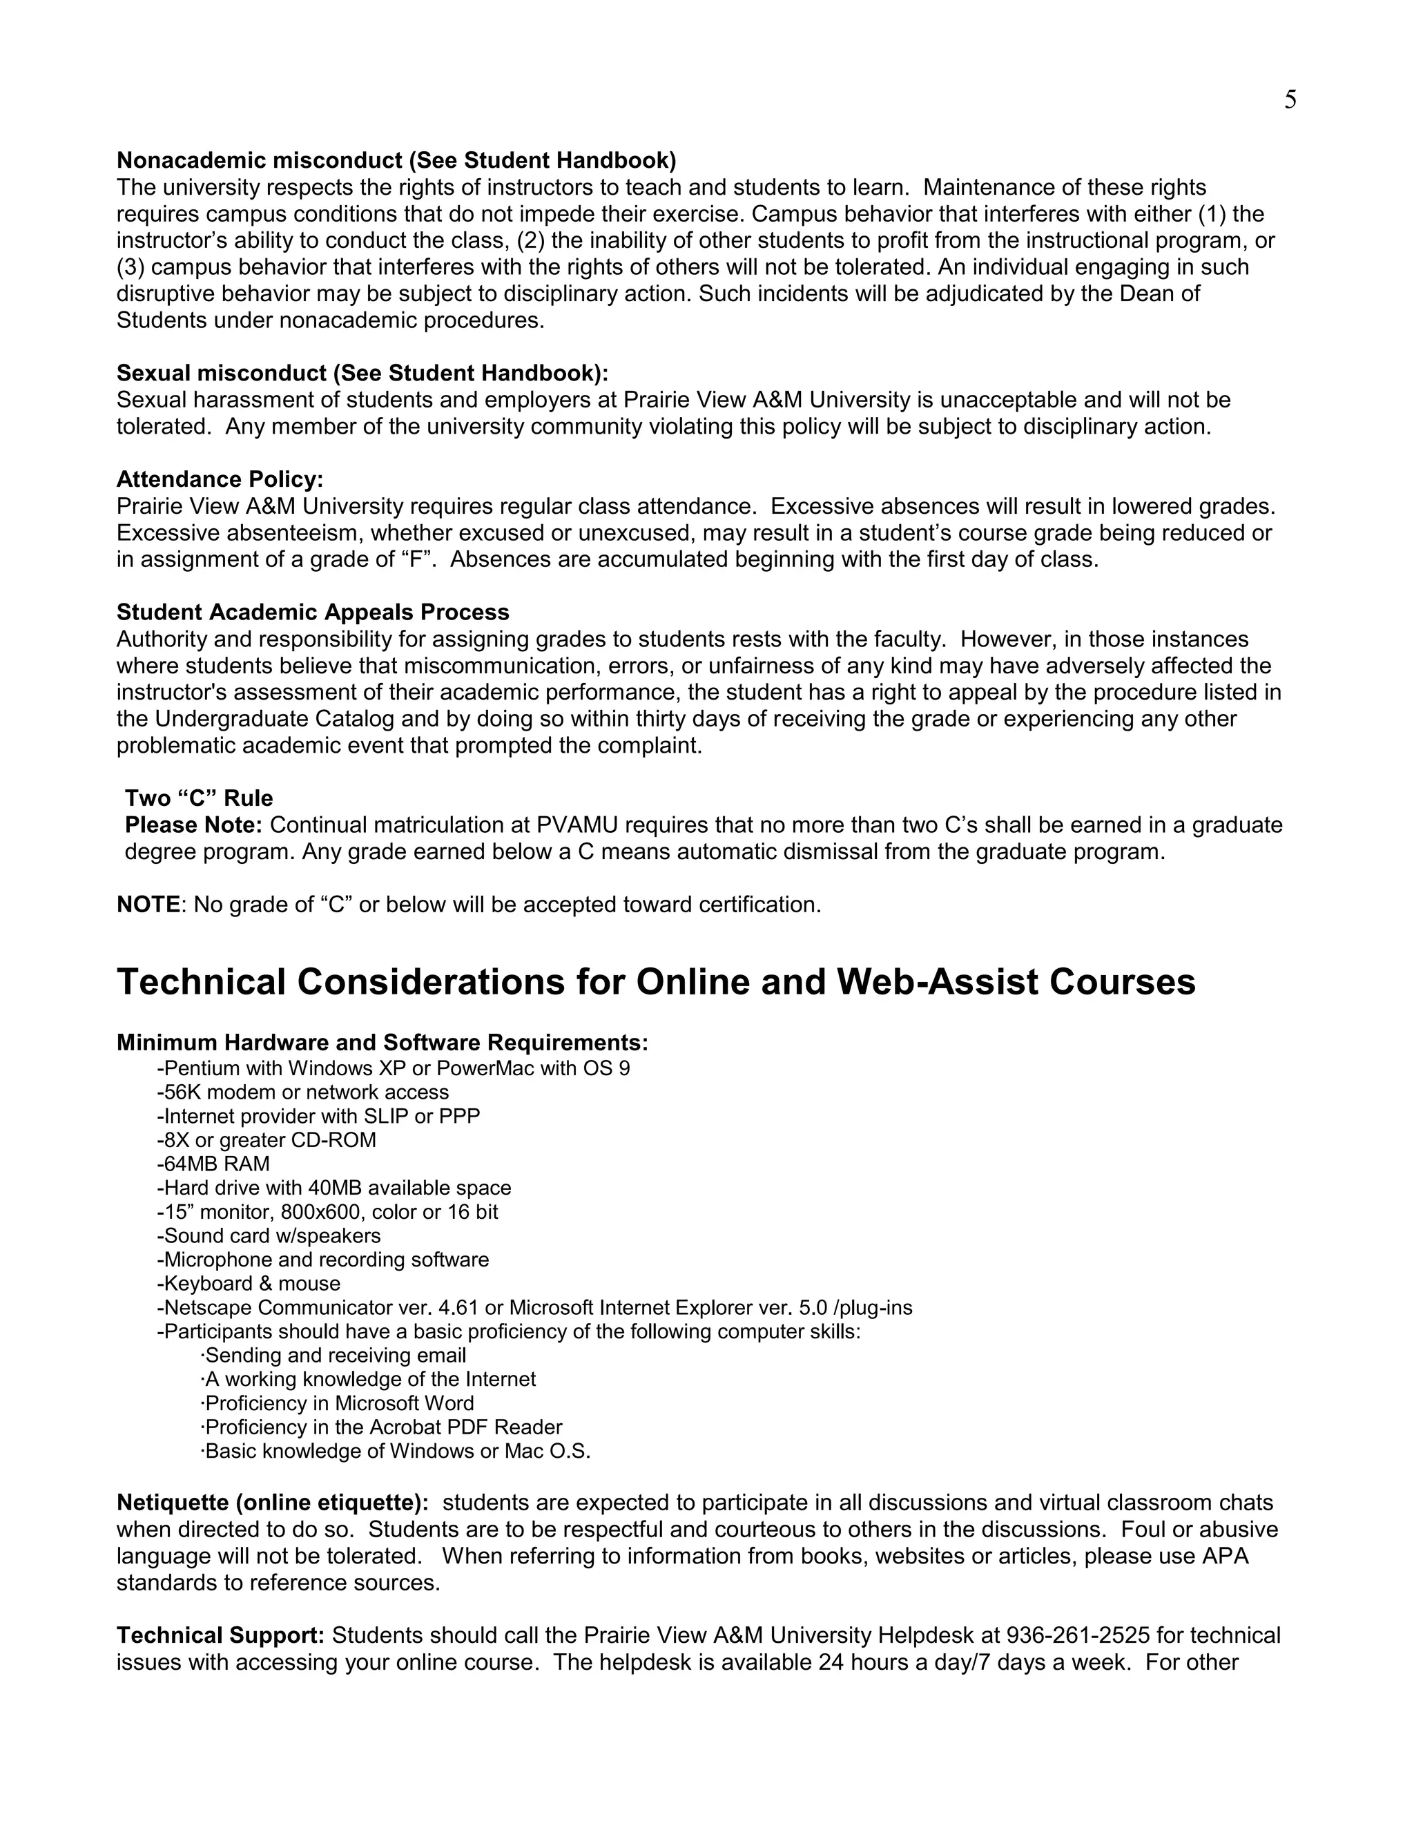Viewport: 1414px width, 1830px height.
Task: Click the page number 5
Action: pos(1290,101)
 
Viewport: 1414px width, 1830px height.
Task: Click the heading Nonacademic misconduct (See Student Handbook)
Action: pos(396,160)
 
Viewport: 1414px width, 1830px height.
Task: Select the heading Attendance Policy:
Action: pos(220,479)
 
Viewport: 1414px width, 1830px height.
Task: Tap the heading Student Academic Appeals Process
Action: pos(313,612)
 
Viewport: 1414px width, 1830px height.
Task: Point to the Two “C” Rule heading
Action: pos(199,798)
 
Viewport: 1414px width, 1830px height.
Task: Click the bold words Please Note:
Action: pos(193,825)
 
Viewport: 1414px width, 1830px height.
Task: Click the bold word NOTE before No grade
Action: pos(148,905)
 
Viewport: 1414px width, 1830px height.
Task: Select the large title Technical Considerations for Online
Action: pos(656,982)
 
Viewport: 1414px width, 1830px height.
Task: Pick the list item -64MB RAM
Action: pos(213,1164)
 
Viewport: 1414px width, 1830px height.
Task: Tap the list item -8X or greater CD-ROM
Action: pos(267,1139)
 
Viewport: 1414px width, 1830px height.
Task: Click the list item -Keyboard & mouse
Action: pos(248,1284)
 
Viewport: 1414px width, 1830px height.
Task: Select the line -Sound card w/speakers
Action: pos(268,1236)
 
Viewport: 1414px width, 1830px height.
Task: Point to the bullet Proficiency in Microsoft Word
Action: pos(338,1403)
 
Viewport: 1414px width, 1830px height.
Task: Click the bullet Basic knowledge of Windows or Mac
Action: pos(396,1452)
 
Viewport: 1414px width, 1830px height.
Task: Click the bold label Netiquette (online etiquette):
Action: pos(272,1503)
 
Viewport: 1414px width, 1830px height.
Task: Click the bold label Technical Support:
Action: pos(220,1635)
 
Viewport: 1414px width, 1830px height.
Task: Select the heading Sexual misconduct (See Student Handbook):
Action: pos(362,373)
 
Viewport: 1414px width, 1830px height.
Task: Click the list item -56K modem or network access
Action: pos(302,1092)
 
